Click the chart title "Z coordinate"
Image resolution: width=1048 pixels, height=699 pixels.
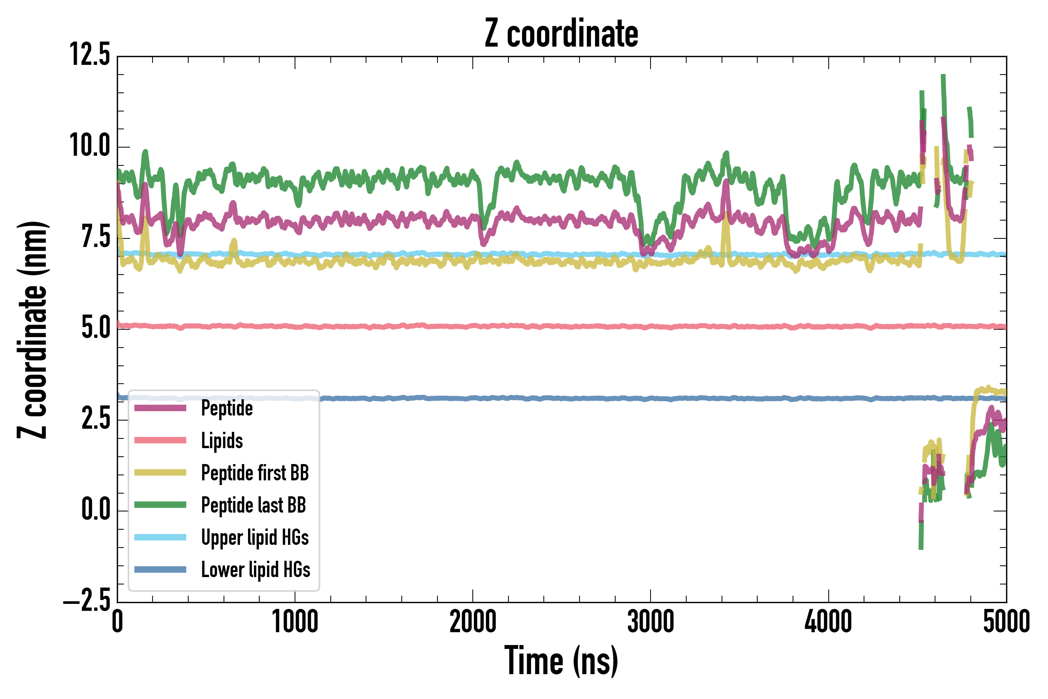click(x=561, y=34)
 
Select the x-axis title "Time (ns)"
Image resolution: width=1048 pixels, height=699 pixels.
click(x=561, y=661)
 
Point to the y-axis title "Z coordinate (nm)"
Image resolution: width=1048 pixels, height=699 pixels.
click(x=32, y=330)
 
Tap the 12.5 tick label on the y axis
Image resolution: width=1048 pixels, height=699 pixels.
click(x=90, y=55)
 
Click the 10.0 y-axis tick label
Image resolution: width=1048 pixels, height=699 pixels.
click(x=90, y=146)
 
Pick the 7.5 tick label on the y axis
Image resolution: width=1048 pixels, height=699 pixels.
click(x=95, y=237)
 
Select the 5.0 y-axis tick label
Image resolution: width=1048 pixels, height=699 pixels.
click(x=95, y=328)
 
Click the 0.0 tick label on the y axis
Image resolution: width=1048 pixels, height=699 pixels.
click(x=95, y=510)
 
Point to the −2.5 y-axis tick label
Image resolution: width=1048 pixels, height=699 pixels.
click(x=87, y=602)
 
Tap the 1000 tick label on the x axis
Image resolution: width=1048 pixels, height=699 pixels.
click(x=295, y=622)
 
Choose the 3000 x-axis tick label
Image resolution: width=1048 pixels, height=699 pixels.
click(x=651, y=622)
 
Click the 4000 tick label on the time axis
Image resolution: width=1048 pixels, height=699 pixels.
click(x=828, y=622)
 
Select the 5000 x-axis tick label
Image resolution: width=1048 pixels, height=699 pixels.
click(x=1006, y=622)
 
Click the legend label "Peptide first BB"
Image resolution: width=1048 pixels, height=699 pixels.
click(x=255, y=473)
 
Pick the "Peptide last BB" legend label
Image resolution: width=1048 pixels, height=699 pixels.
click(x=253, y=505)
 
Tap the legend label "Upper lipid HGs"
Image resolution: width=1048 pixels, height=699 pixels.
click(x=255, y=537)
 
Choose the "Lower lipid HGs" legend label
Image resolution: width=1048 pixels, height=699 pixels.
click(x=256, y=570)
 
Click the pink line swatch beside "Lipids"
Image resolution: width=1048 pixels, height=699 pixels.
click(x=160, y=440)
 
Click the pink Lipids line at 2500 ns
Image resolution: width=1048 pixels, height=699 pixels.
click(x=561, y=327)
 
